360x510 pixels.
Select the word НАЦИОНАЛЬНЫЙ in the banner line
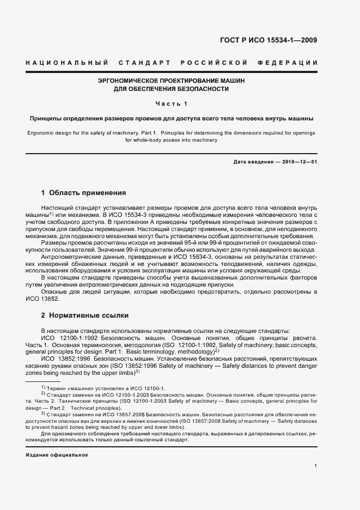click(x=65, y=63)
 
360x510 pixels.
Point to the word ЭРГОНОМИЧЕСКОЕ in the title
click(x=130, y=80)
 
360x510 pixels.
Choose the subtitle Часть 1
click(x=172, y=104)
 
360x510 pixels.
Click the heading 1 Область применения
click(x=84, y=193)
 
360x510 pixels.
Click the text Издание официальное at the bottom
click(x=57, y=454)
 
